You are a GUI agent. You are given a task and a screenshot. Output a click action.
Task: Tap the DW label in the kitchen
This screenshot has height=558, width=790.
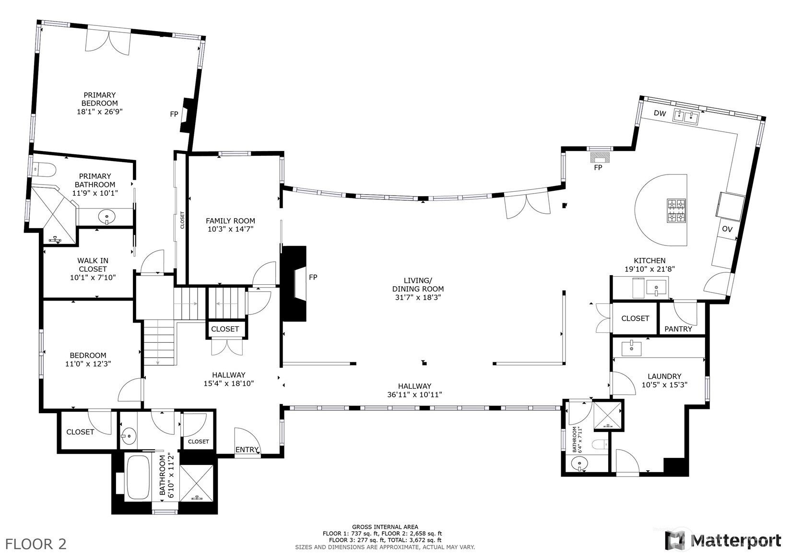660,113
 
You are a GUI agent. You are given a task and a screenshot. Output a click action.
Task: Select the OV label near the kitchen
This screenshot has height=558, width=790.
727,229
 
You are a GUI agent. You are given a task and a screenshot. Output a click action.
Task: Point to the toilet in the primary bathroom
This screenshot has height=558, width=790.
45,169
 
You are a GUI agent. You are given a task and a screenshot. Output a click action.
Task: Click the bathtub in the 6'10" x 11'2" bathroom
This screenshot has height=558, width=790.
139,477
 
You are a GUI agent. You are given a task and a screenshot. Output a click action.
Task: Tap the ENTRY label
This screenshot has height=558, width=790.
247,450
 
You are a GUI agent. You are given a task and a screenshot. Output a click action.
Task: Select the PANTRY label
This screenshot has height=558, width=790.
678,329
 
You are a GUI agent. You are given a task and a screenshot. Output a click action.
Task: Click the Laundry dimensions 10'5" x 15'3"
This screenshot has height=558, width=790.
664,384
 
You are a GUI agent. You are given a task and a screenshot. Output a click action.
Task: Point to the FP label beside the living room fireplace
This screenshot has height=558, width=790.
313,277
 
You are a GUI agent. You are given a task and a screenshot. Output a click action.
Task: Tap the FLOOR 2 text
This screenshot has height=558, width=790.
36,544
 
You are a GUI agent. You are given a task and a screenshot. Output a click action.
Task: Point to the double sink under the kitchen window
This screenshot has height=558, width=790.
686,116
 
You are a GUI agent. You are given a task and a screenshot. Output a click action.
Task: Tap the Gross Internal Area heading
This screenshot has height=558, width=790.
385,526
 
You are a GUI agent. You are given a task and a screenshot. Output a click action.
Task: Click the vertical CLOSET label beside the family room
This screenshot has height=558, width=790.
182,220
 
